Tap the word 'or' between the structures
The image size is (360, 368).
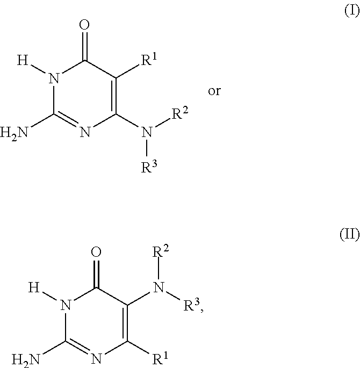[x=214, y=91]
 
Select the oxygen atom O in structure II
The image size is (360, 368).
[x=96, y=251]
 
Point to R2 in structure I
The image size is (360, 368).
[x=181, y=113]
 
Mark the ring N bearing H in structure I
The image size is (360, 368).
[x=52, y=78]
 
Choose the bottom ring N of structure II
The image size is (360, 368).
[x=96, y=357]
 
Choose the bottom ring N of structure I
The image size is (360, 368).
[x=85, y=131]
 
